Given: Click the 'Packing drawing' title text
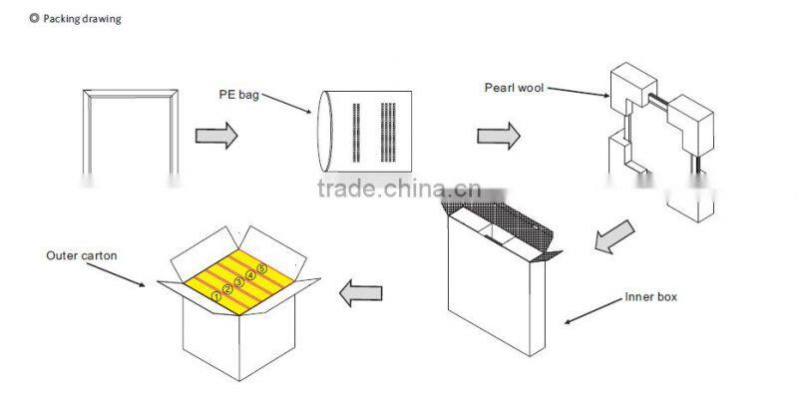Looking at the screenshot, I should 81,19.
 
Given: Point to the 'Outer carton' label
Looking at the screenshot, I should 82,256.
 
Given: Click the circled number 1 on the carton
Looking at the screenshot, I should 215,296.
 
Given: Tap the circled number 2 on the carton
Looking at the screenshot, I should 227,289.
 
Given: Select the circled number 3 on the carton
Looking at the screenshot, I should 238,282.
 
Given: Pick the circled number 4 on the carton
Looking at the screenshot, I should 250,275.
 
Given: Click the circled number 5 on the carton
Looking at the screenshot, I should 261,268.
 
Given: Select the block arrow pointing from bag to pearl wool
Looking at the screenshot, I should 499,136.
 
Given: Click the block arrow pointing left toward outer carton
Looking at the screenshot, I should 362,293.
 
